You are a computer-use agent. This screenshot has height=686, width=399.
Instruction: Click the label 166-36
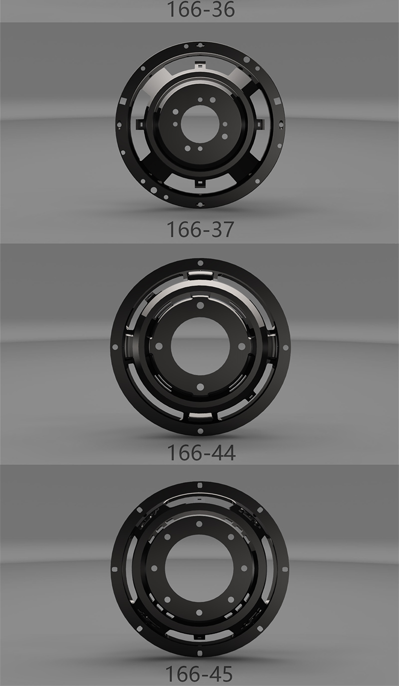pyautogui.click(x=200, y=9)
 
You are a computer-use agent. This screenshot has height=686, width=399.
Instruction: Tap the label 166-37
pyautogui.click(x=200, y=229)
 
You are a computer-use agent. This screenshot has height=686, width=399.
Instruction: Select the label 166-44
pyautogui.click(x=201, y=452)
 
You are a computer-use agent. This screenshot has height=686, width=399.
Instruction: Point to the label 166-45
pyautogui.click(x=199, y=674)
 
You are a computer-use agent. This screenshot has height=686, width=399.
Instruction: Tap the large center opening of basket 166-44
pyautogui.click(x=200, y=346)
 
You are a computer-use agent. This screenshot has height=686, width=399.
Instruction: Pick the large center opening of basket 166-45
pyautogui.click(x=199, y=568)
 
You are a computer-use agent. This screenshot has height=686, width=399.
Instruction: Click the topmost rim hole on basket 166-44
pyautogui.click(x=200, y=263)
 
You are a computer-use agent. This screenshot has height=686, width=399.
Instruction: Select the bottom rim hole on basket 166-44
pyautogui.click(x=200, y=431)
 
